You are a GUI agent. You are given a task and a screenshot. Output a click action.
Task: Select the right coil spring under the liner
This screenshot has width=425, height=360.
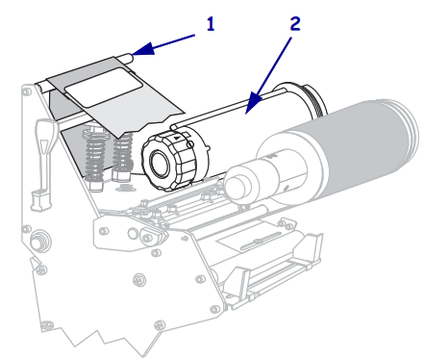coord(121,153)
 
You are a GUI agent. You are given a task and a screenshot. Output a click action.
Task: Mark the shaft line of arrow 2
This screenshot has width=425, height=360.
coord(274,64)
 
